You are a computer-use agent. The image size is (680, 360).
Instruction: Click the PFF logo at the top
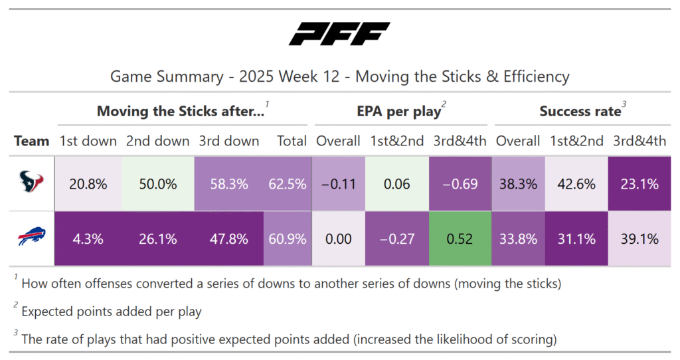click(x=339, y=34)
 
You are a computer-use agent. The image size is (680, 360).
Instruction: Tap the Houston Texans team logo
click(x=31, y=184)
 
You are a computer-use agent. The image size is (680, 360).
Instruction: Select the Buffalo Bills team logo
click(x=31, y=238)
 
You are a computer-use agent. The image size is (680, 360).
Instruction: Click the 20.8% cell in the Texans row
click(x=88, y=184)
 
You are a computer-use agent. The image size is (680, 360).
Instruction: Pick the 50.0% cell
click(x=157, y=184)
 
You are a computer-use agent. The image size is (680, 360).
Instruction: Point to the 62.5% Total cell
click(x=288, y=184)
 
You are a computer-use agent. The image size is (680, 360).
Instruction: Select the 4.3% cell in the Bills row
click(x=88, y=238)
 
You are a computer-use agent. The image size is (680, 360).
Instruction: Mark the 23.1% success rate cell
click(x=639, y=184)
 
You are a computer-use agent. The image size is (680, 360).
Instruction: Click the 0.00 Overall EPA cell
click(x=339, y=238)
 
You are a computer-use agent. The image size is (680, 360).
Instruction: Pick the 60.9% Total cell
click(x=288, y=238)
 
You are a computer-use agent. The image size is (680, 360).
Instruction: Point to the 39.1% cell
click(x=639, y=238)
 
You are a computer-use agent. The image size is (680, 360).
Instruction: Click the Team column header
click(x=32, y=141)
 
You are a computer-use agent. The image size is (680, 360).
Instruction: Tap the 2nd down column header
click(x=157, y=141)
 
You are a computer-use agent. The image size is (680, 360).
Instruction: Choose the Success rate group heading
click(x=580, y=112)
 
